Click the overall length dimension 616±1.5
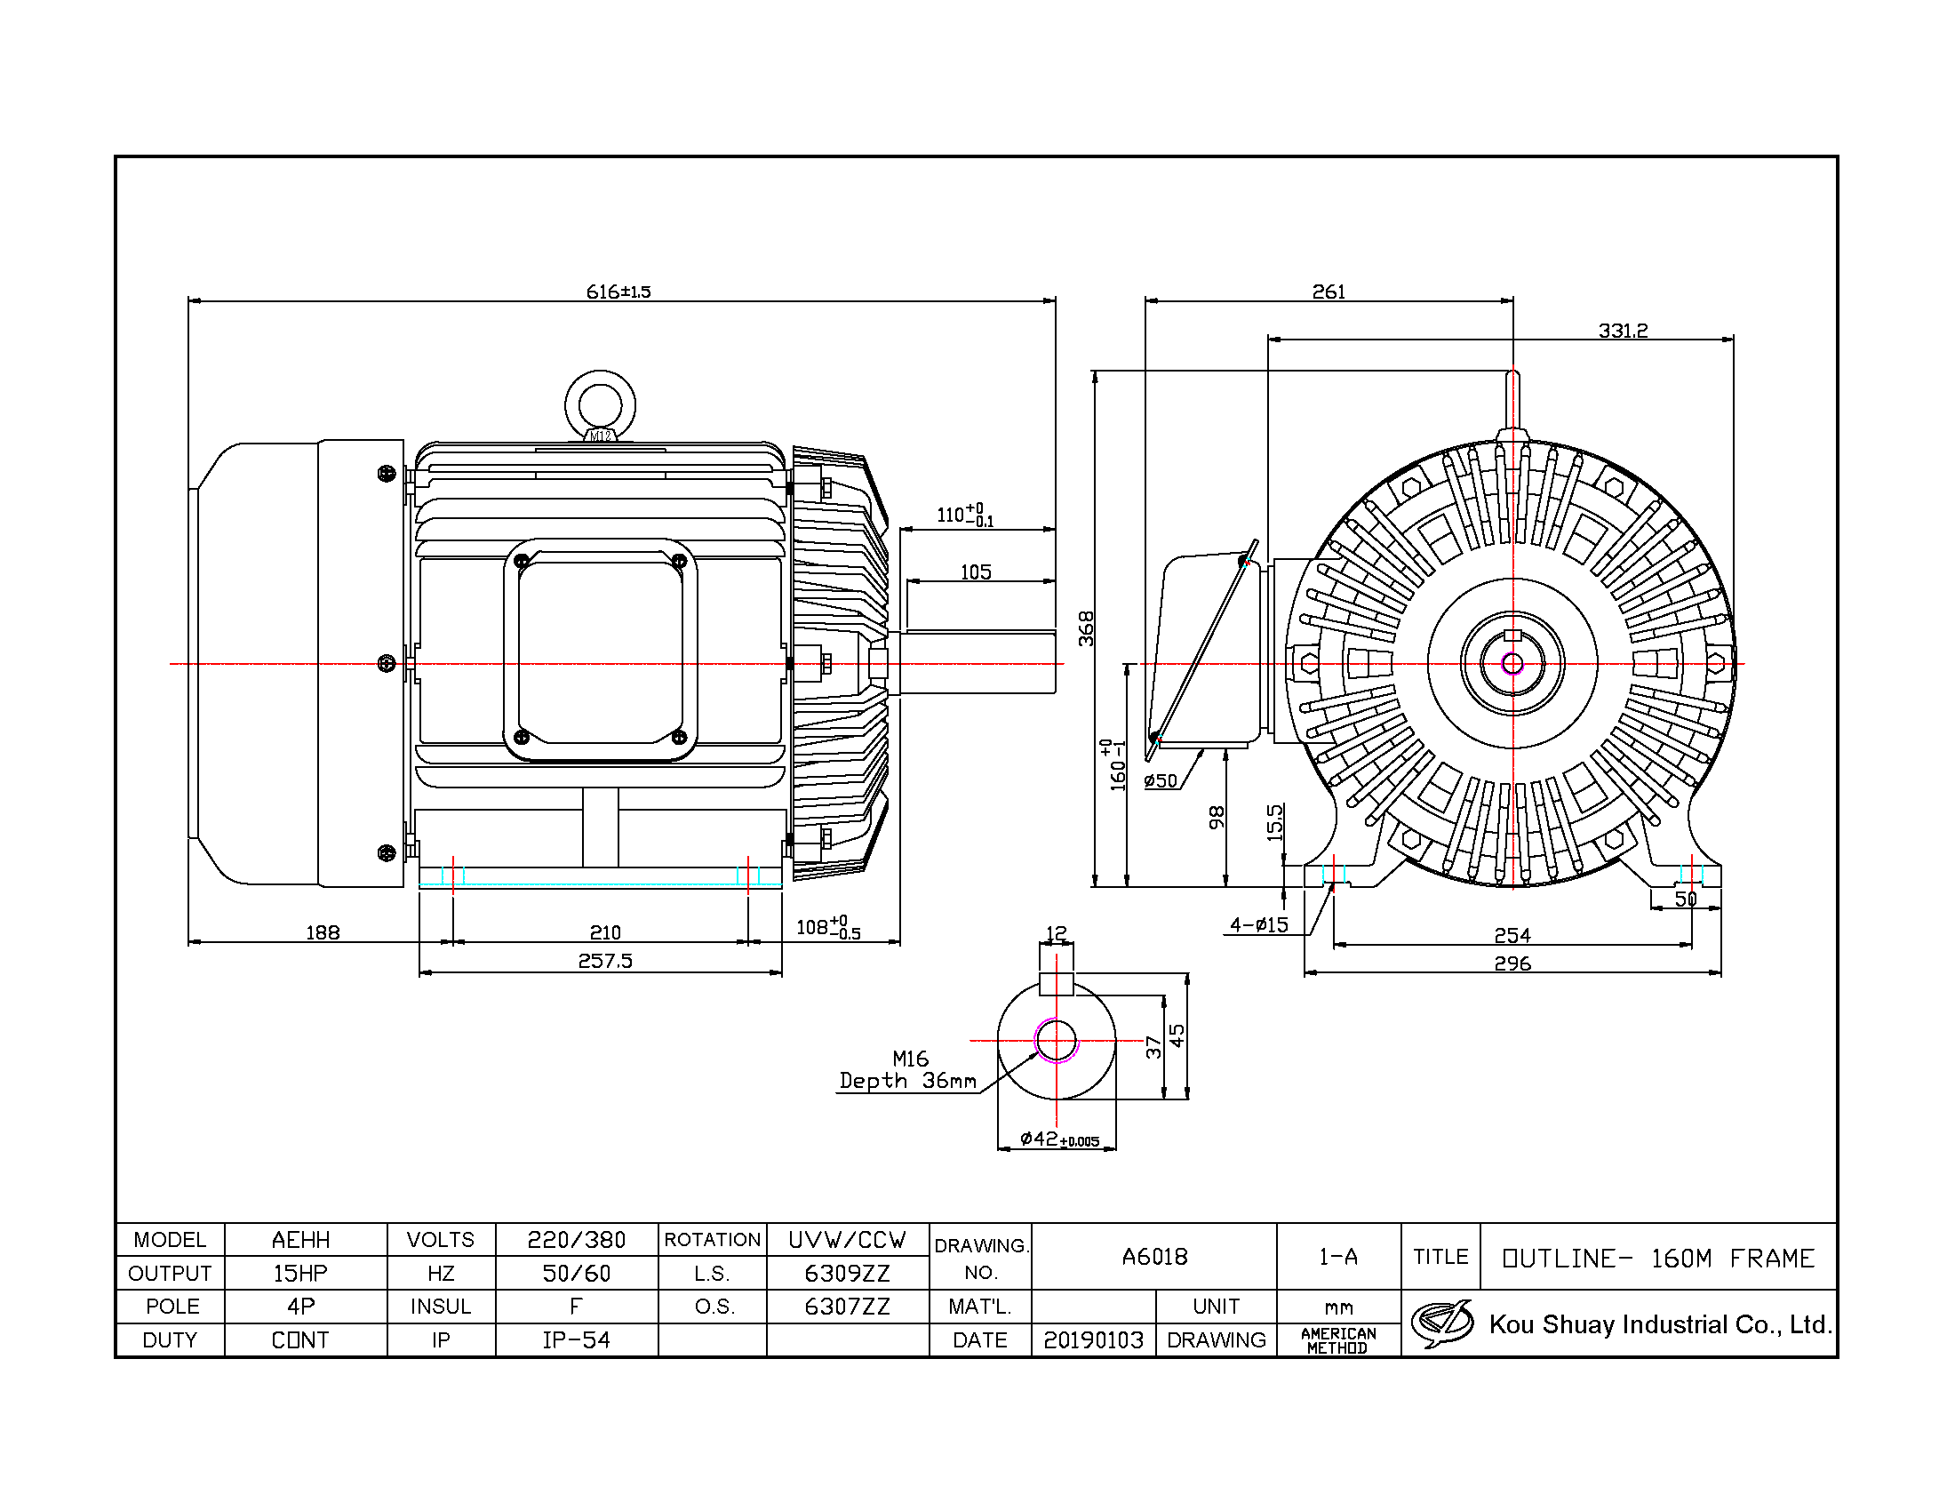(x=618, y=292)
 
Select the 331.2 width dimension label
(x=1623, y=331)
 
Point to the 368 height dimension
(x=1086, y=628)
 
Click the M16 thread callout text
(x=910, y=1059)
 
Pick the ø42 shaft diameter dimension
(x=1060, y=1139)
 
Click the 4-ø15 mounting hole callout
(x=1259, y=924)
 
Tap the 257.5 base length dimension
(x=605, y=961)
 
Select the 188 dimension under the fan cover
(x=323, y=932)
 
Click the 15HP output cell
(x=300, y=1273)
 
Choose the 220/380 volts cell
(x=577, y=1240)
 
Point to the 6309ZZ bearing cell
(x=847, y=1273)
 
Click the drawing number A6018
(x=1154, y=1257)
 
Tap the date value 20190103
(x=1094, y=1340)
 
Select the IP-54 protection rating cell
(x=577, y=1340)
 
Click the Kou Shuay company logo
(x=1442, y=1324)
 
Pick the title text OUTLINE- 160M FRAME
(x=1659, y=1258)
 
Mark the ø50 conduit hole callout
(x=1161, y=780)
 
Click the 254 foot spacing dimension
(x=1512, y=935)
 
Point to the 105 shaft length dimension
(x=976, y=572)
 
